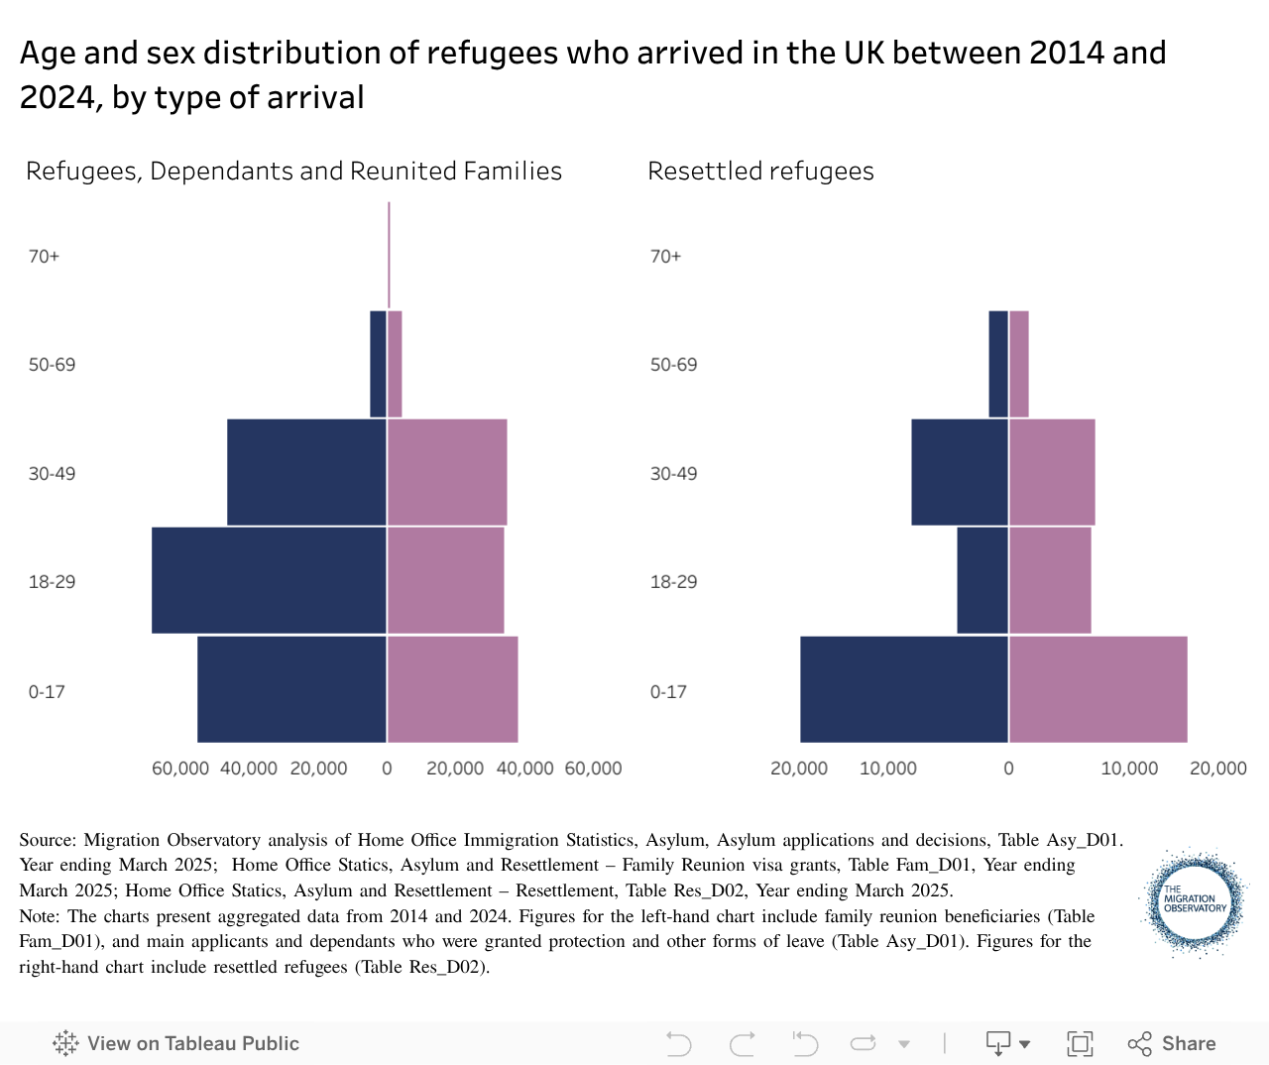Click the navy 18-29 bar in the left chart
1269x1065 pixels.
click(x=269, y=580)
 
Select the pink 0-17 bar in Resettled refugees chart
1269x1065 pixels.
click(x=1097, y=689)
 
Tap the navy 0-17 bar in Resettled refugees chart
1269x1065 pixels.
click(x=904, y=689)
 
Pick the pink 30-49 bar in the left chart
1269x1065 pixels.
click(x=447, y=472)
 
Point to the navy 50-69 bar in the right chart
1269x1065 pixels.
click(x=998, y=364)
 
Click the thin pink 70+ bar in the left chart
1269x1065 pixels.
click(x=389, y=255)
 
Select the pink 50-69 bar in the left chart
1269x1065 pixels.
click(x=395, y=364)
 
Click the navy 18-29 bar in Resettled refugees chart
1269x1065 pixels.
click(x=982, y=580)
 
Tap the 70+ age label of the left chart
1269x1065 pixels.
click(x=44, y=256)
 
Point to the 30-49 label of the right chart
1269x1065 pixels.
click(x=673, y=473)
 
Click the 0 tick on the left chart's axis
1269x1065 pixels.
click(x=387, y=769)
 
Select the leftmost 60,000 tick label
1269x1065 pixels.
click(x=180, y=769)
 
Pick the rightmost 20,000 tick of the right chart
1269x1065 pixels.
click(x=1217, y=769)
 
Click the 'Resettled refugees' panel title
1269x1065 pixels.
click(x=760, y=171)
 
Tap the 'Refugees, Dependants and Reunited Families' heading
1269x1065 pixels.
click(x=293, y=171)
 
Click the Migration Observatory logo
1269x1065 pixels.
click(x=1194, y=901)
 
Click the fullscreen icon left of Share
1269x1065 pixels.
click(x=1080, y=1043)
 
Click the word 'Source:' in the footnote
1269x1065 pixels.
click(x=47, y=840)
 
